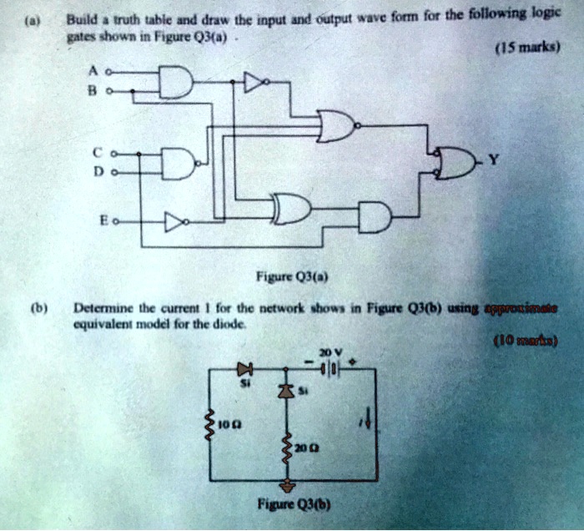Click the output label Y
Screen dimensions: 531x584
point(497,161)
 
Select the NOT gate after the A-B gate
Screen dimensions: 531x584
point(254,83)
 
